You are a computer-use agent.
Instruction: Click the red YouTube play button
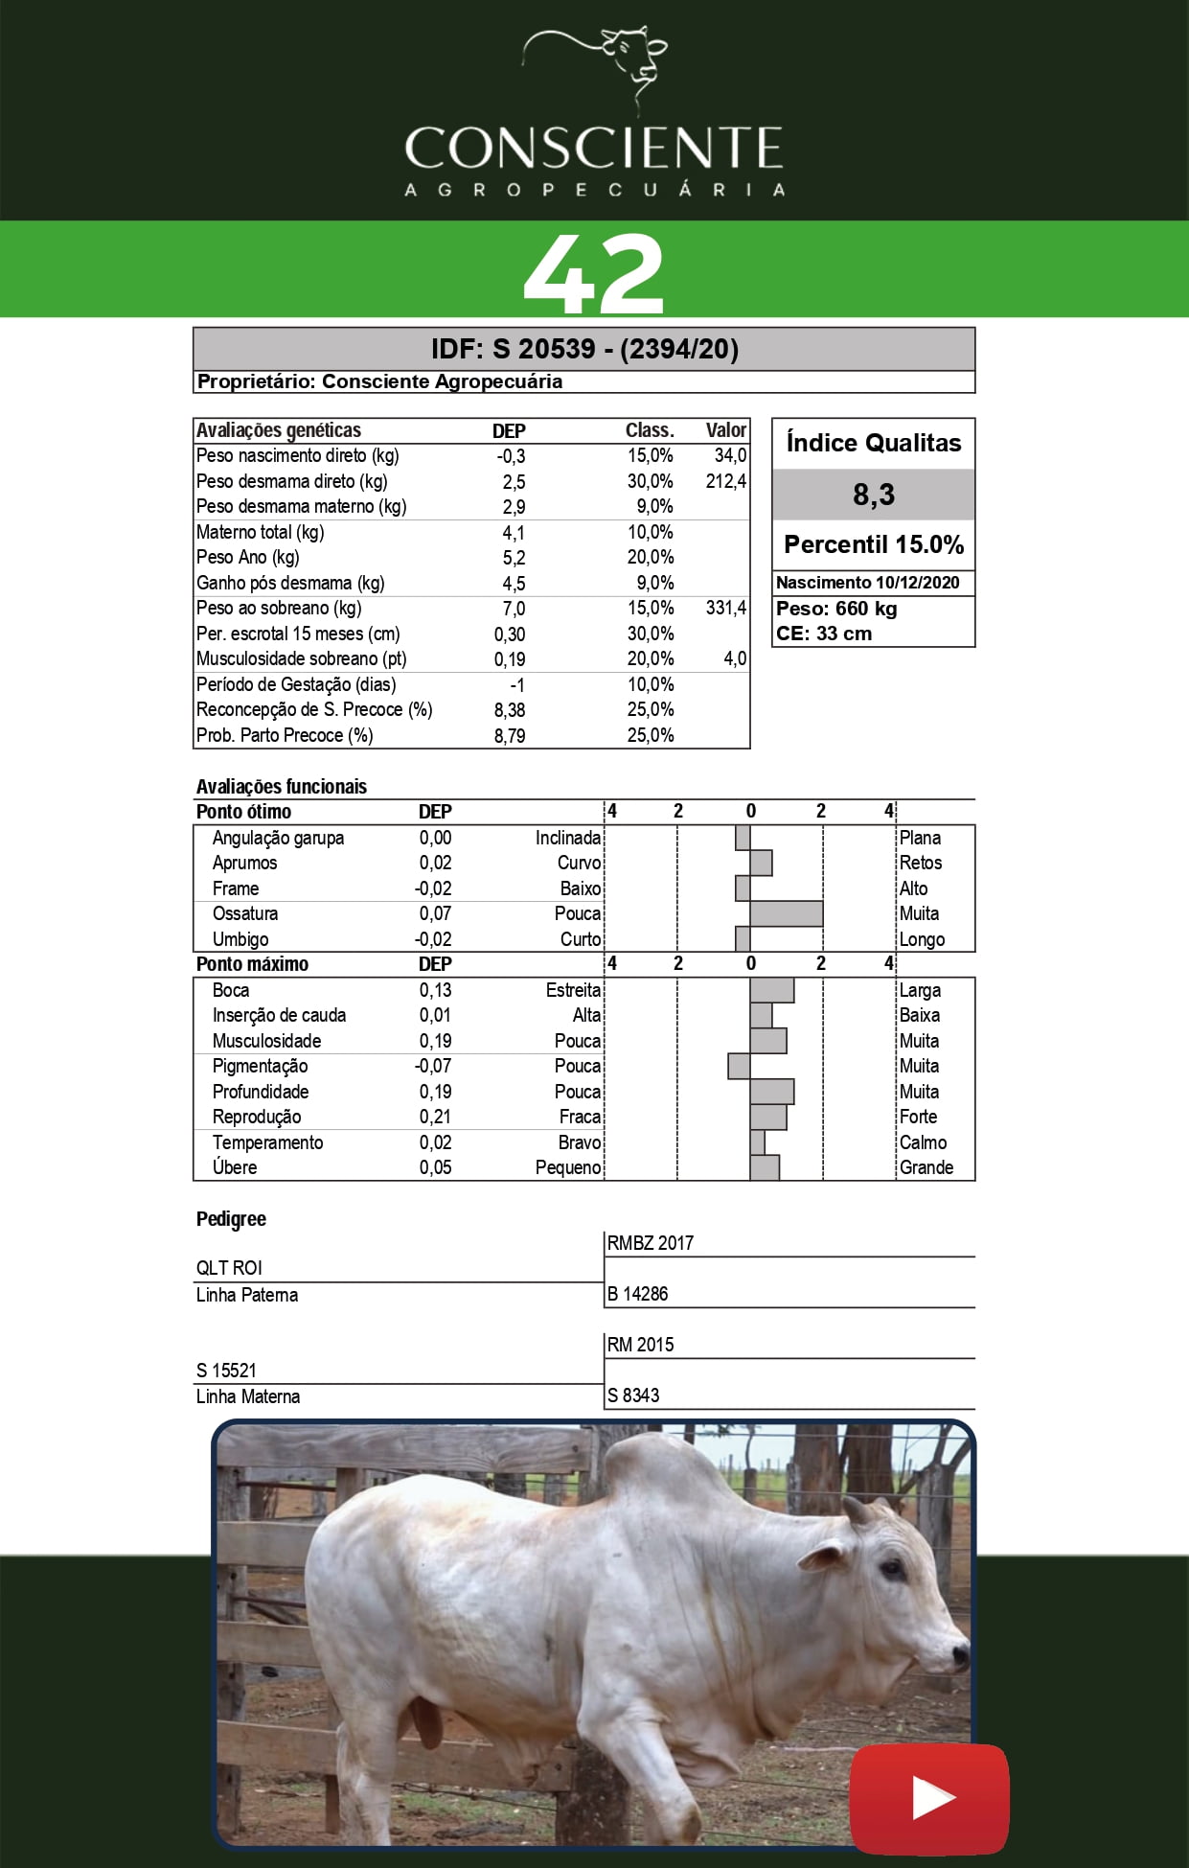[x=929, y=1798]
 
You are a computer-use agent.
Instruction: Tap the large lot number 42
[x=594, y=273]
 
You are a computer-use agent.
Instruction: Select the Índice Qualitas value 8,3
[x=873, y=495]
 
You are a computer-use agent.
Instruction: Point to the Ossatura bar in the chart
[x=786, y=913]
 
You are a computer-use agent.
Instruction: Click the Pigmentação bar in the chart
[x=739, y=1066]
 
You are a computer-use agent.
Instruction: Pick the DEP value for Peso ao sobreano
[x=514, y=609]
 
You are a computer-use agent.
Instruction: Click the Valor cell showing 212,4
[x=725, y=481]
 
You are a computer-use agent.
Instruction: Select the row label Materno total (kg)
[x=260, y=532]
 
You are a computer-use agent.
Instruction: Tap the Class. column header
[x=650, y=430]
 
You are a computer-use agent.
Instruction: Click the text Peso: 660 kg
[x=836, y=609]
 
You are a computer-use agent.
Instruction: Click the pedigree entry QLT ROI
[x=229, y=1268]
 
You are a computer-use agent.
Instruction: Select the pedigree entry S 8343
[x=633, y=1395]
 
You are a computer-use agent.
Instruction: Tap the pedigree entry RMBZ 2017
[x=651, y=1243]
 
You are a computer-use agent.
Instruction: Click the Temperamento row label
[x=267, y=1142]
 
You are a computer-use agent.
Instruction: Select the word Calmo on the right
[x=923, y=1142]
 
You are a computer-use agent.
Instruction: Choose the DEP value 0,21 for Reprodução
[x=435, y=1117]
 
